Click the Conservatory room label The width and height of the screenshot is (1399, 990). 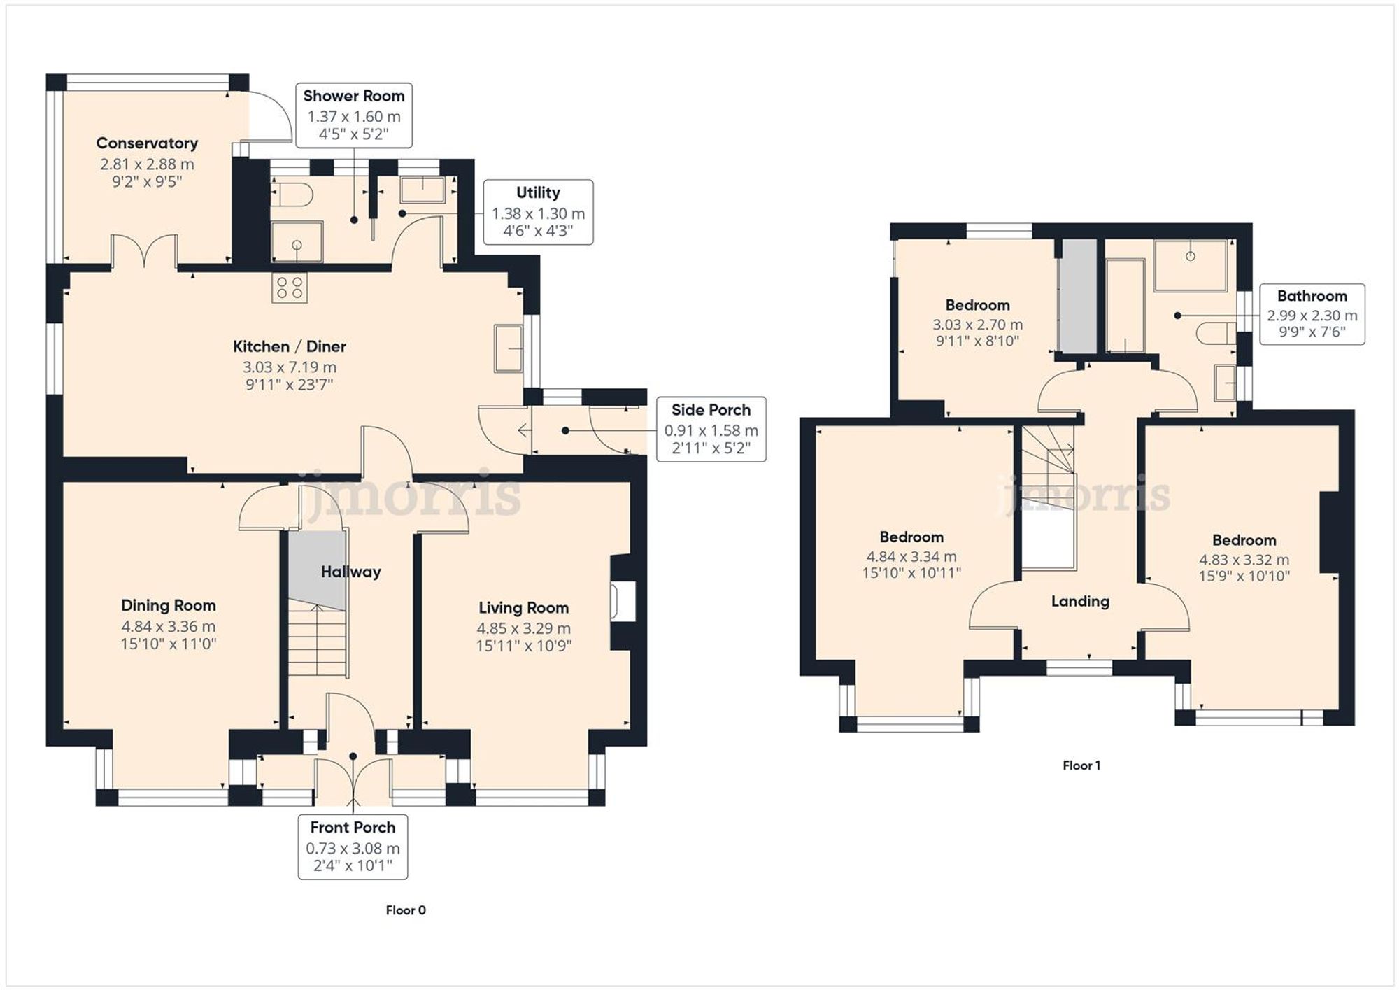(147, 143)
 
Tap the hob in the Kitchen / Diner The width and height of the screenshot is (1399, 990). (290, 288)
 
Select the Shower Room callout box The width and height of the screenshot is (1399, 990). (353, 115)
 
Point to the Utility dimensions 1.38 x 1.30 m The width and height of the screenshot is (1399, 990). (538, 213)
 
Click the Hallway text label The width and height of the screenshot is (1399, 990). (350, 572)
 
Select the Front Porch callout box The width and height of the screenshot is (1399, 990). (353, 847)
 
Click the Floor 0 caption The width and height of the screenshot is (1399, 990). (406, 910)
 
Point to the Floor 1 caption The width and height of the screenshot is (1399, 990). (1081, 765)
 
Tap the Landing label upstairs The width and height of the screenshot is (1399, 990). (1080, 601)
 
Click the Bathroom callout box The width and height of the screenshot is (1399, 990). (1312, 314)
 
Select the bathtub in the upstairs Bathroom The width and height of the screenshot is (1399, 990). (1125, 306)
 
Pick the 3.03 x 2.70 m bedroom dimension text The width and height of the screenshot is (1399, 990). (977, 325)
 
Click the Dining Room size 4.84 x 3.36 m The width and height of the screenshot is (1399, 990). (168, 626)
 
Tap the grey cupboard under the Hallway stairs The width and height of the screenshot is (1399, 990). (318, 569)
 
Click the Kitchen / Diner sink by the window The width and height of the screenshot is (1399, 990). (508, 348)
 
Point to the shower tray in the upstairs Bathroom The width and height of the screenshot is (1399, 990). (1190, 265)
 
